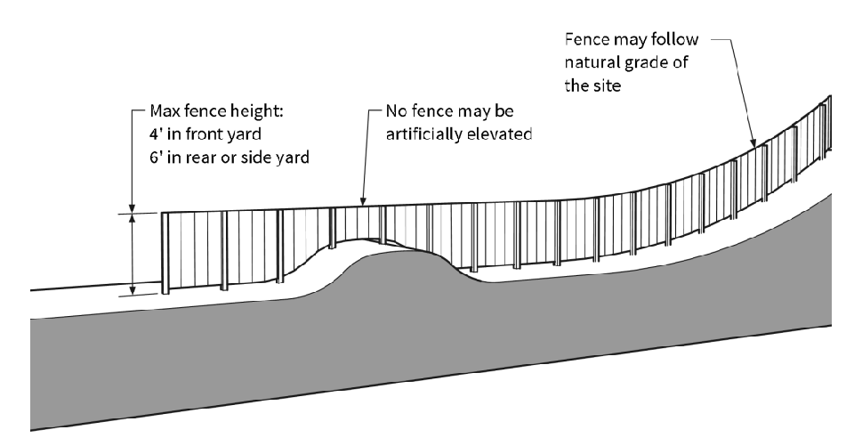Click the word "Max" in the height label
(161, 113)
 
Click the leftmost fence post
(165, 253)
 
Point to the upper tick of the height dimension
(132, 214)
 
